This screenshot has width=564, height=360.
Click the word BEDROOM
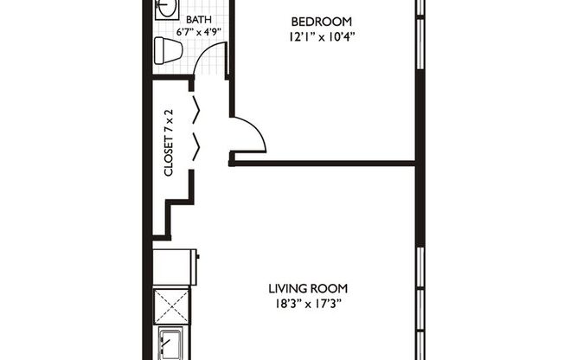(321, 21)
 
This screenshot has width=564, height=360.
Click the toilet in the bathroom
(167, 51)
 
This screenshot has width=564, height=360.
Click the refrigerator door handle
(198, 256)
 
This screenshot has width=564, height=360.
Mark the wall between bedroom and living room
(324, 161)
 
